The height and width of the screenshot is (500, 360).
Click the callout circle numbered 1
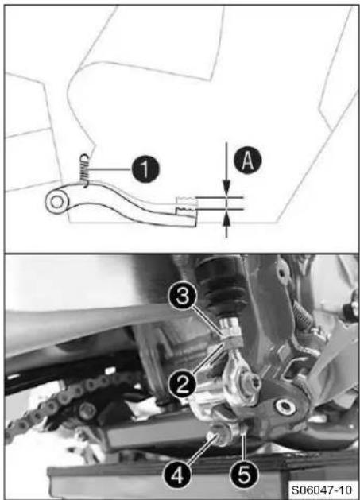(145, 169)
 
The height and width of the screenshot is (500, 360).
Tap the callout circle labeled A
(247, 161)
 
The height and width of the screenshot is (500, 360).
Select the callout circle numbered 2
(182, 385)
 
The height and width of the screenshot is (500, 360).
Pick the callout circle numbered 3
(182, 298)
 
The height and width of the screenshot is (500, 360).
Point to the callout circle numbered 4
(177, 476)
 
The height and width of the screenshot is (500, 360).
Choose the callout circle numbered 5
(244, 476)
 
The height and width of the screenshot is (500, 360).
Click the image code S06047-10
(322, 490)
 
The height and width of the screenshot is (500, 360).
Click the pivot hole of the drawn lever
(57, 202)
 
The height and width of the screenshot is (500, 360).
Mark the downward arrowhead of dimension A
(226, 187)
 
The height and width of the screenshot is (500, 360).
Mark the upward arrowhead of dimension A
(226, 219)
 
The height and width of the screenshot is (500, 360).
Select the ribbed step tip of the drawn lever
(186, 205)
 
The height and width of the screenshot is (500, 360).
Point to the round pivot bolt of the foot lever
(285, 407)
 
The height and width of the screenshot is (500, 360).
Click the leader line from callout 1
(110, 169)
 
